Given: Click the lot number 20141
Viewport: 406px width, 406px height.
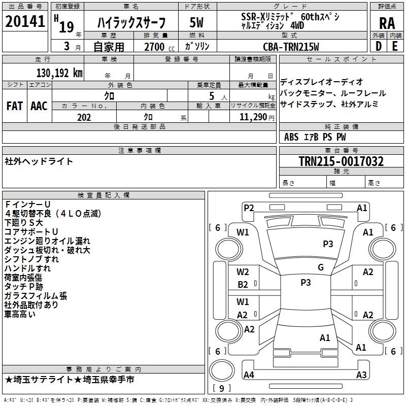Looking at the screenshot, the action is [25, 23].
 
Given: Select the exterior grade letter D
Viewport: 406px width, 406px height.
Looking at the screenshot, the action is [378, 46].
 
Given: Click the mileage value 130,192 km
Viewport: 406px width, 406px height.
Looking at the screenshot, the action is [59, 73].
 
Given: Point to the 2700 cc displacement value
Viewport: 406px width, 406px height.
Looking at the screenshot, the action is [154, 47].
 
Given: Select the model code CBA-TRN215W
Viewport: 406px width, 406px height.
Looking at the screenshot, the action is [291, 47].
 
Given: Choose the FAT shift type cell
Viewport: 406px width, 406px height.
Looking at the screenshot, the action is [14, 106].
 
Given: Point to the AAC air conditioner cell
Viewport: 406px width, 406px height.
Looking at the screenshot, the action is [39, 106].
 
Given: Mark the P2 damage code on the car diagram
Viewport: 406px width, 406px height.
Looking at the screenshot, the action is [249, 208].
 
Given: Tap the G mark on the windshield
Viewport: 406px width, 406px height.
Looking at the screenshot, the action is [320, 267].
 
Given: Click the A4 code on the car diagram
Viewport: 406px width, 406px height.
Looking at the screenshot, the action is [249, 375].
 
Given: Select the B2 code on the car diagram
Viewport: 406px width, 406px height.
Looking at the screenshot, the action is [243, 285].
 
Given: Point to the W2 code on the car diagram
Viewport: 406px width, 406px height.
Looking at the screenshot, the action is [243, 272].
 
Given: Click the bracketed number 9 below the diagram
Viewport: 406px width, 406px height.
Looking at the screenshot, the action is [222, 388].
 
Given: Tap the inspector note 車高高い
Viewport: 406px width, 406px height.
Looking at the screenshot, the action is [20, 314].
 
